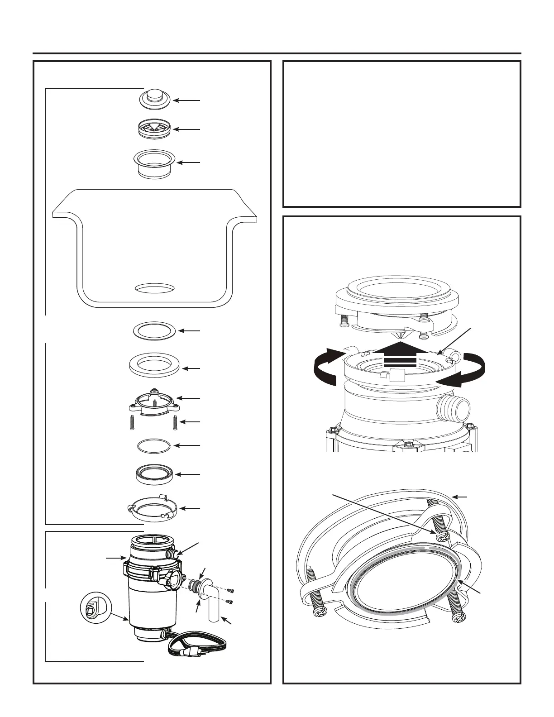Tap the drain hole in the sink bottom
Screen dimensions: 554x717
pyautogui.click(x=155, y=287)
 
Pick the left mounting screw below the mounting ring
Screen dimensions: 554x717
pyautogui.click(x=132, y=423)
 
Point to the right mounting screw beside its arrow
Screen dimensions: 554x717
pyautogui.click(x=174, y=423)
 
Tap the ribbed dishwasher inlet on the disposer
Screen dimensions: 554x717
pyautogui.click(x=171, y=554)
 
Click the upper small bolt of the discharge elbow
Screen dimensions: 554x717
pyautogui.click(x=232, y=590)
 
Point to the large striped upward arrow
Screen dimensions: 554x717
pyautogui.click(x=401, y=358)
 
